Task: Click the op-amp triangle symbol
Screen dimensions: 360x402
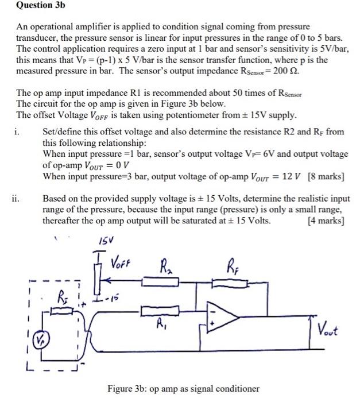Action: point(223,317)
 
